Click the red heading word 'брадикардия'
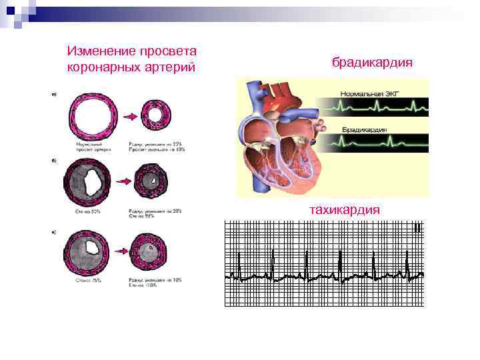point(372,63)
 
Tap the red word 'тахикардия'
point(344,209)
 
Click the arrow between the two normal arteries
point(131,117)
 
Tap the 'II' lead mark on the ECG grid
point(416,229)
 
